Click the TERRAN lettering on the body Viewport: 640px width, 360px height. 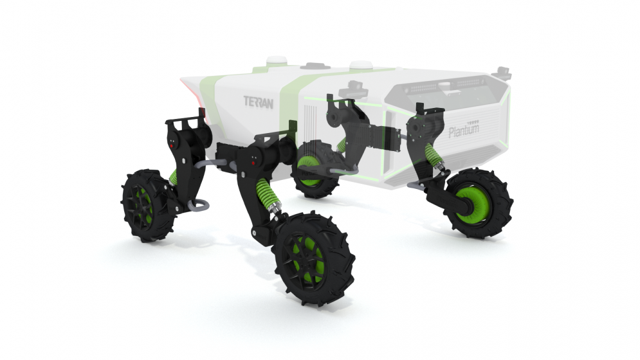tap(259, 102)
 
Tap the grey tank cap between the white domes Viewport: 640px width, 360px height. tap(315, 66)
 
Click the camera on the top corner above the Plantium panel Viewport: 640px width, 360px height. tap(504, 72)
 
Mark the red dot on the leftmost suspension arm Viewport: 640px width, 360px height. tap(172, 145)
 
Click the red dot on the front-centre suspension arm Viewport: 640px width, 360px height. tap(253, 163)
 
